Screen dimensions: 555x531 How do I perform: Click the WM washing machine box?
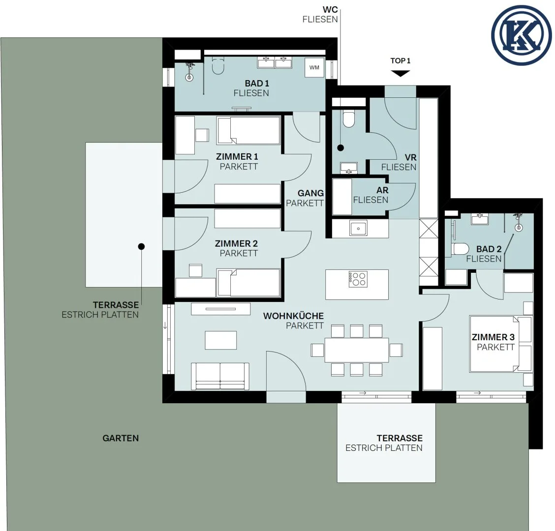tap(314, 67)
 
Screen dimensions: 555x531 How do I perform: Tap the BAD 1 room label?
tap(257, 84)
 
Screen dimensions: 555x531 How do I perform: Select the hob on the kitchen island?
tap(358, 279)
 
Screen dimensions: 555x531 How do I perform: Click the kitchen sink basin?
tap(358, 228)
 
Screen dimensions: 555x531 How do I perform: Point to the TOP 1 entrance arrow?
tap(401, 73)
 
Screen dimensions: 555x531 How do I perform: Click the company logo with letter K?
tap(522, 35)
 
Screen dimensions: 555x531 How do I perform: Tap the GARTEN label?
tap(121, 438)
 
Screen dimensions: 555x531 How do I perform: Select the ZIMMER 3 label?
tap(493, 337)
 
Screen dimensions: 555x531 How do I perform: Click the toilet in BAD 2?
tap(461, 249)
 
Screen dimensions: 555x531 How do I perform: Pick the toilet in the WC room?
tap(349, 119)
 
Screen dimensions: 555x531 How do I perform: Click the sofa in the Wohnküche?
tap(220, 376)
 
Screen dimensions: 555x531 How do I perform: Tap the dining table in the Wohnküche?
tap(357, 350)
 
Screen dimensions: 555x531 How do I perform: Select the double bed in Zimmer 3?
tap(500, 344)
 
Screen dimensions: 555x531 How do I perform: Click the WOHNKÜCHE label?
tap(293, 316)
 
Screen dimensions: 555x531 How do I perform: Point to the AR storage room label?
tap(382, 190)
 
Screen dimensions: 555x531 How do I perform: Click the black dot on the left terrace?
tap(141, 247)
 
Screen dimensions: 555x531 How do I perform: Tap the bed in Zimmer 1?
tap(248, 131)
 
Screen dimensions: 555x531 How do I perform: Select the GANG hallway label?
tap(310, 193)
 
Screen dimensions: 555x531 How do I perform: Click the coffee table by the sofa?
tap(221, 340)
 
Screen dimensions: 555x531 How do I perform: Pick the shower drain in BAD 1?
tap(190, 78)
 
